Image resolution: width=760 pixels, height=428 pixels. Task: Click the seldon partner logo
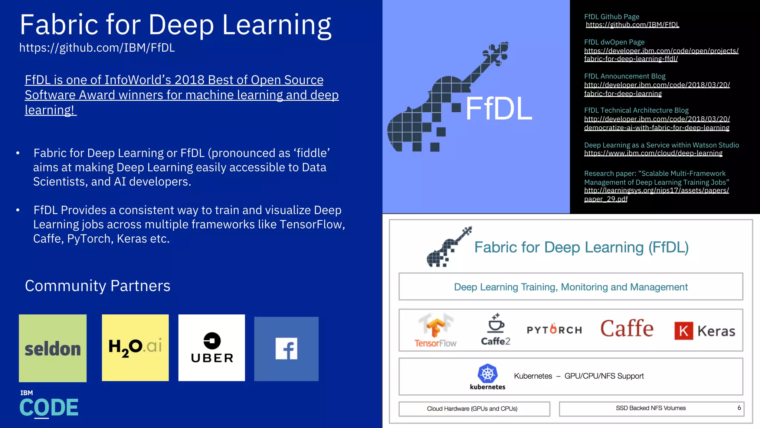click(x=53, y=348)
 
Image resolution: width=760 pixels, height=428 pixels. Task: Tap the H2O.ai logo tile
click(x=135, y=348)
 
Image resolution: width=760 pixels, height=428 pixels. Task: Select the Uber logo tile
click(x=212, y=348)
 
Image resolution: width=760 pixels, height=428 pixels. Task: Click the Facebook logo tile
click(x=286, y=348)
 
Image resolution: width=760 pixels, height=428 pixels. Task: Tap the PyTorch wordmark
click(x=554, y=330)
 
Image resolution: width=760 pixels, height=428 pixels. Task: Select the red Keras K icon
click(x=684, y=331)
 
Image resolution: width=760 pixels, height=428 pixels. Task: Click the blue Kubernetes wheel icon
click(x=488, y=373)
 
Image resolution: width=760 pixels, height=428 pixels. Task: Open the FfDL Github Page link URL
click(x=632, y=25)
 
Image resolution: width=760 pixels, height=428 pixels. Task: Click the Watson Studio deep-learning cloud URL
click(x=653, y=153)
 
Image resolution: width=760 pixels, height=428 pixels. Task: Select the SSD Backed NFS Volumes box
click(x=651, y=408)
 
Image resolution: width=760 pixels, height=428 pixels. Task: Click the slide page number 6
click(x=739, y=408)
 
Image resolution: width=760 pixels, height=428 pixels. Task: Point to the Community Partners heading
click(x=98, y=286)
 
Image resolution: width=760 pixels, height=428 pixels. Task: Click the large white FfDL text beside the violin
click(x=498, y=108)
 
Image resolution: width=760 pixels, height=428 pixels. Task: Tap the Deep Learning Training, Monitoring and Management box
click(x=570, y=287)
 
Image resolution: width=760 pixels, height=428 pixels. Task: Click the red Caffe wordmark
click(x=627, y=328)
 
